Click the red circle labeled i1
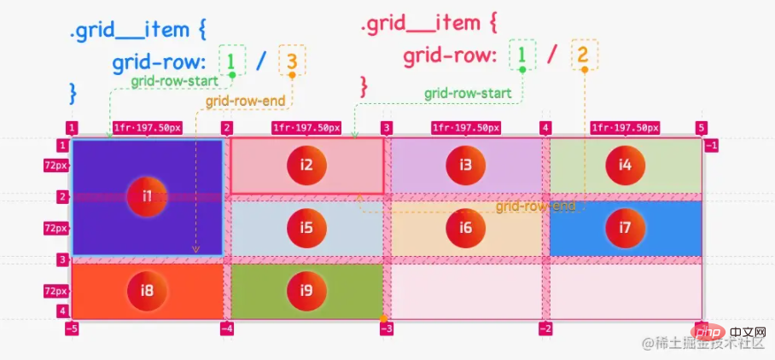pos(147,196)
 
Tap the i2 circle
pos(306,165)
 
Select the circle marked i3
pos(465,165)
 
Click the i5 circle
pos(306,228)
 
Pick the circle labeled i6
pos(465,228)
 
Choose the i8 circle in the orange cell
pos(147,291)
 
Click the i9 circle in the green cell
pos(306,291)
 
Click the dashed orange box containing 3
pos(292,61)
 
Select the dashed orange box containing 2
pos(585,55)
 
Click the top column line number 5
pos(702,128)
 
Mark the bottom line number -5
pos(72,328)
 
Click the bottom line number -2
pos(545,328)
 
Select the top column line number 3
pos(387,128)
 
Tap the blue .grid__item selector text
pos(129,30)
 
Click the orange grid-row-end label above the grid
pos(245,101)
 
